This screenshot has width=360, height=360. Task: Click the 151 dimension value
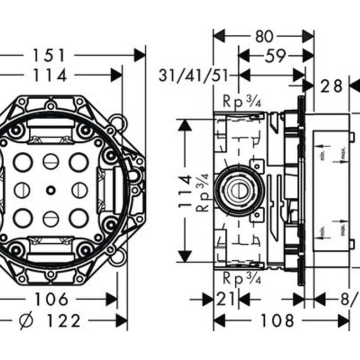tap(48, 55)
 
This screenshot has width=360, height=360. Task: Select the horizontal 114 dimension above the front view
tap(48, 75)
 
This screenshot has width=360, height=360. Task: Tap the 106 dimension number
tap(51, 300)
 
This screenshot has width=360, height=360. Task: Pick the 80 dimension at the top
tap(264, 37)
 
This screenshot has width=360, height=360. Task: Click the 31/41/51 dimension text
tap(193, 75)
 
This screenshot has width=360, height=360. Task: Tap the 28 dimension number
tap(332, 86)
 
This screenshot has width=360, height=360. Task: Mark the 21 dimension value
tap(225, 300)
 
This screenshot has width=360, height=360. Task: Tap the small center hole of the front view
tap(50, 190)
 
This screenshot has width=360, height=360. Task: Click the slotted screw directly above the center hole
tap(50, 162)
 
